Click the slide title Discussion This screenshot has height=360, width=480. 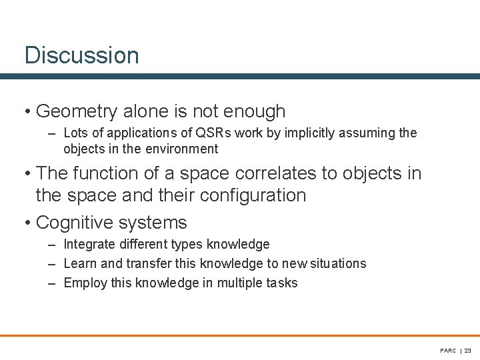pyautogui.click(x=81, y=55)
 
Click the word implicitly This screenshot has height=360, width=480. pyautogui.click(x=312, y=133)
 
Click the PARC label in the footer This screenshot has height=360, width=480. pyautogui.click(x=448, y=350)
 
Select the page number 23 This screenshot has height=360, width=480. pyautogui.click(x=467, y=350)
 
